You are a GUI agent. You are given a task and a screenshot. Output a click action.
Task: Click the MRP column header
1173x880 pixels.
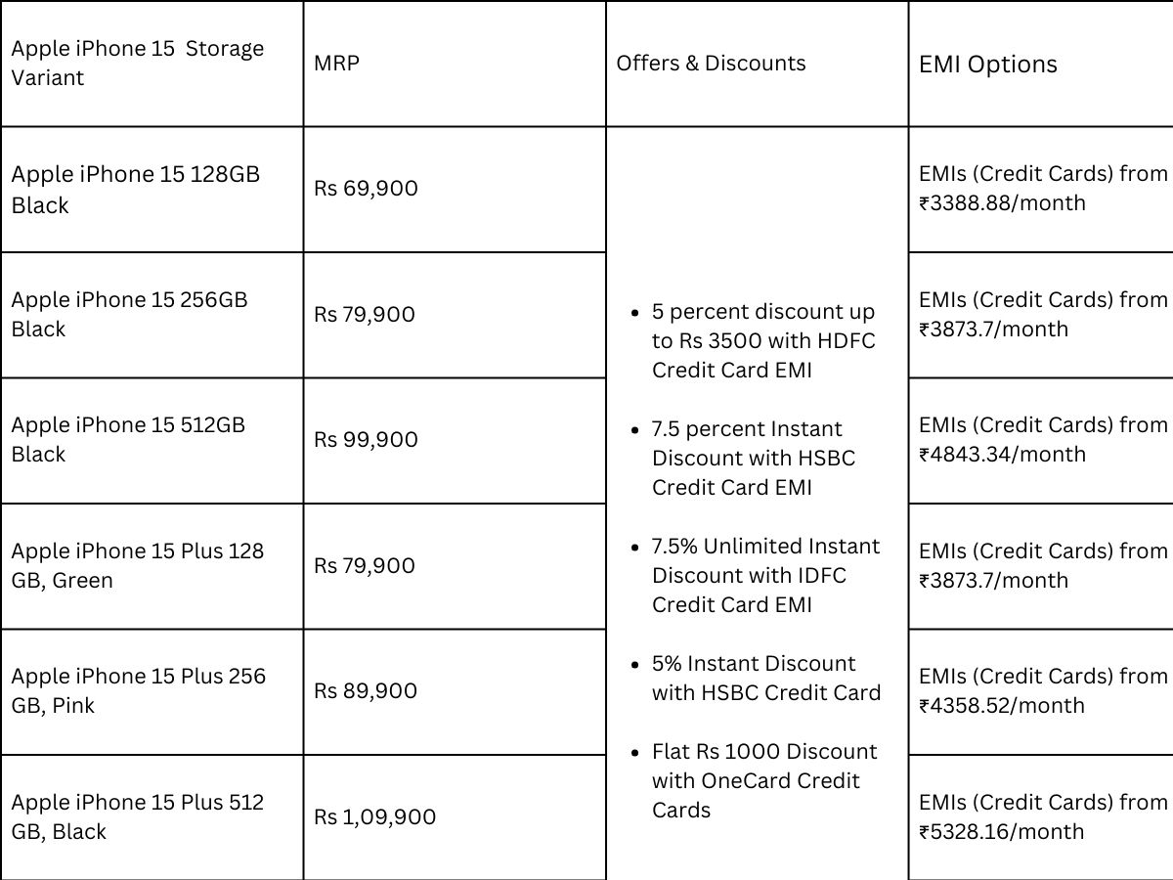pos(336,64)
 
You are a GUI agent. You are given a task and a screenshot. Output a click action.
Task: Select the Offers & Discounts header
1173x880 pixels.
pos(711,64)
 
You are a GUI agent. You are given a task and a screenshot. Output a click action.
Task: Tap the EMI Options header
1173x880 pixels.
pos(987,65)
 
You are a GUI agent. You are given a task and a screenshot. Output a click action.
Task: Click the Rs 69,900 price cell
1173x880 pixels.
pos(366,189)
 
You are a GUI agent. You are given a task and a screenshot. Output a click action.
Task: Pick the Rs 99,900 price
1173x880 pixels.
pos(366,440)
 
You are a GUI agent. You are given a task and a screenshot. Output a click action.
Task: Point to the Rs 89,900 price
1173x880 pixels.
pos(366,691)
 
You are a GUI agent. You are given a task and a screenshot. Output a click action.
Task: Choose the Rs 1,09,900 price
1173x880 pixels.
pos(374,817)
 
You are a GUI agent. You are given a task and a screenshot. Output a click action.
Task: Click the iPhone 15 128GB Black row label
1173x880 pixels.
pos(135,189)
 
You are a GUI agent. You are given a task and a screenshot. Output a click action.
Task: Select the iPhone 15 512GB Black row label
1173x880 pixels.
pos(128,439)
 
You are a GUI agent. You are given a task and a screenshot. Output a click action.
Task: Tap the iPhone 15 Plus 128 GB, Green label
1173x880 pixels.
pos(137,565)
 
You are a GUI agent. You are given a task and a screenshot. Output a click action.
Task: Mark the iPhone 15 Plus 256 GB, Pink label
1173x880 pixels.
pos(138,690)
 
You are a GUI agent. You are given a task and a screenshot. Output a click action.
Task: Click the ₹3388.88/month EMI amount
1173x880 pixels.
pos(1002,203)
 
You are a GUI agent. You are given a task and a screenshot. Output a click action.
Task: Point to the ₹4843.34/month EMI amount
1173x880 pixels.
pos(1002,455)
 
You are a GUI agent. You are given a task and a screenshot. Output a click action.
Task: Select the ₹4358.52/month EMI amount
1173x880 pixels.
pos(1002,706)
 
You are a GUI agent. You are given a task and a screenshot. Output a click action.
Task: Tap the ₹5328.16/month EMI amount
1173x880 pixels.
pos(1002,832)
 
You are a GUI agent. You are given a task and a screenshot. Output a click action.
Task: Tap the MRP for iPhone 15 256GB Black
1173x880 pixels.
pos(364,315)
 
